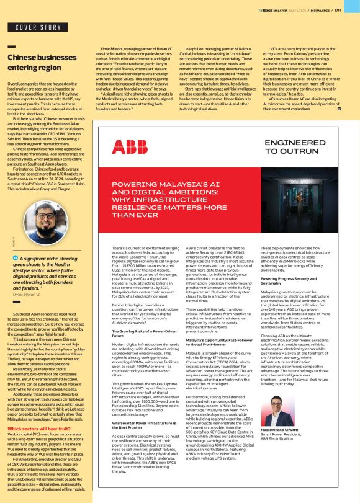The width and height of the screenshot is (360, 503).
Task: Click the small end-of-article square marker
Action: tap(340, 109)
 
